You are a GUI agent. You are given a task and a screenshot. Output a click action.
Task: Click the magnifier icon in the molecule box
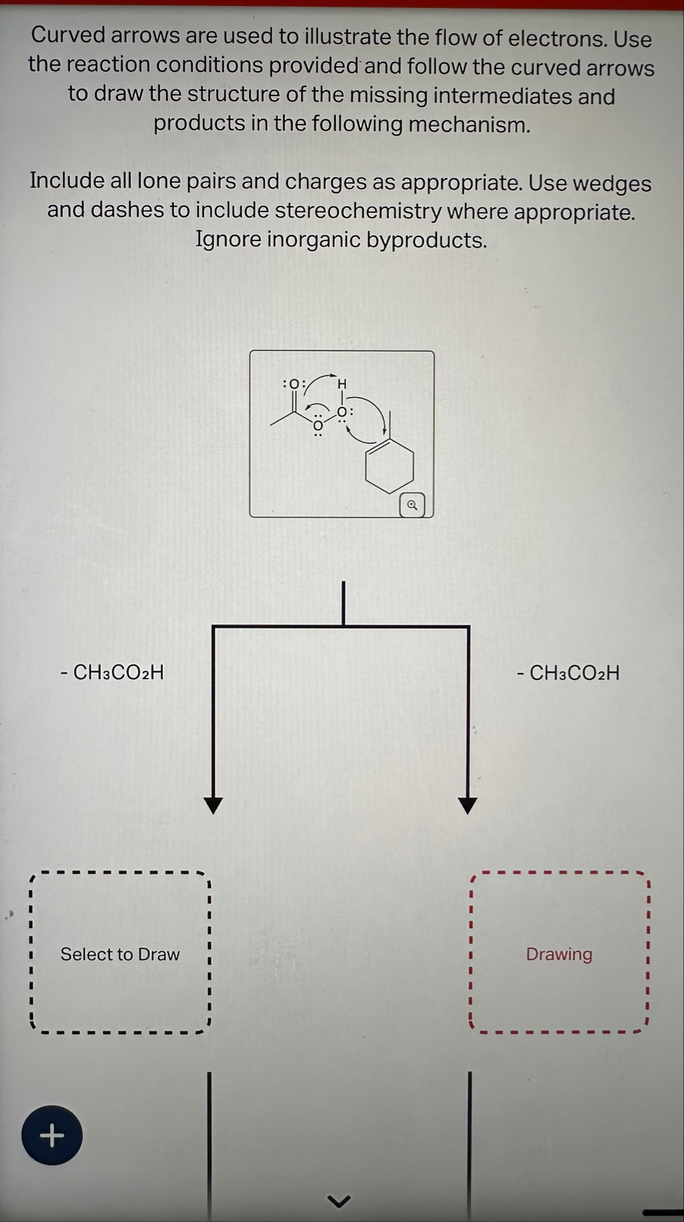(x=412, y=505)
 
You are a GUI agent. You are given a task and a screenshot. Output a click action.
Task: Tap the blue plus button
(x=52, y=1135)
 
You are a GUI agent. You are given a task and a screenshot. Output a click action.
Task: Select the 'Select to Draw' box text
(x=120, y=954)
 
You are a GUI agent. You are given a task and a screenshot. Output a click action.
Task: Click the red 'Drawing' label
(x=559, y=954)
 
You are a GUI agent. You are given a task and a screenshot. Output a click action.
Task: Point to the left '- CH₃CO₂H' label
(x=112, y=672)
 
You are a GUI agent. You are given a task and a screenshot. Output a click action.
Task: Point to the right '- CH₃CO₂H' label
(x=568, y=673)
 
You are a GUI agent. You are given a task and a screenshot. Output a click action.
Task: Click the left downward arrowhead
(x=214, y=805)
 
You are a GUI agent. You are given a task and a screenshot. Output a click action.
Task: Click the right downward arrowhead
(x=468, y=805)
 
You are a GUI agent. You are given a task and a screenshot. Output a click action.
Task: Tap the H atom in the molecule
(x=342, y=384)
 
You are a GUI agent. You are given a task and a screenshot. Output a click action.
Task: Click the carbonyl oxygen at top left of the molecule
(x=294, y=384)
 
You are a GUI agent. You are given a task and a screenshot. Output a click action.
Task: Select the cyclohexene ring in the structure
(x=390, y=467)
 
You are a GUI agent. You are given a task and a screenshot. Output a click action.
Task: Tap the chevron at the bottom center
(x=339, y=1201)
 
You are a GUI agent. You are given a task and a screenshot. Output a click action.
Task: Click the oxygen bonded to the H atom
(x=343, y=412)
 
